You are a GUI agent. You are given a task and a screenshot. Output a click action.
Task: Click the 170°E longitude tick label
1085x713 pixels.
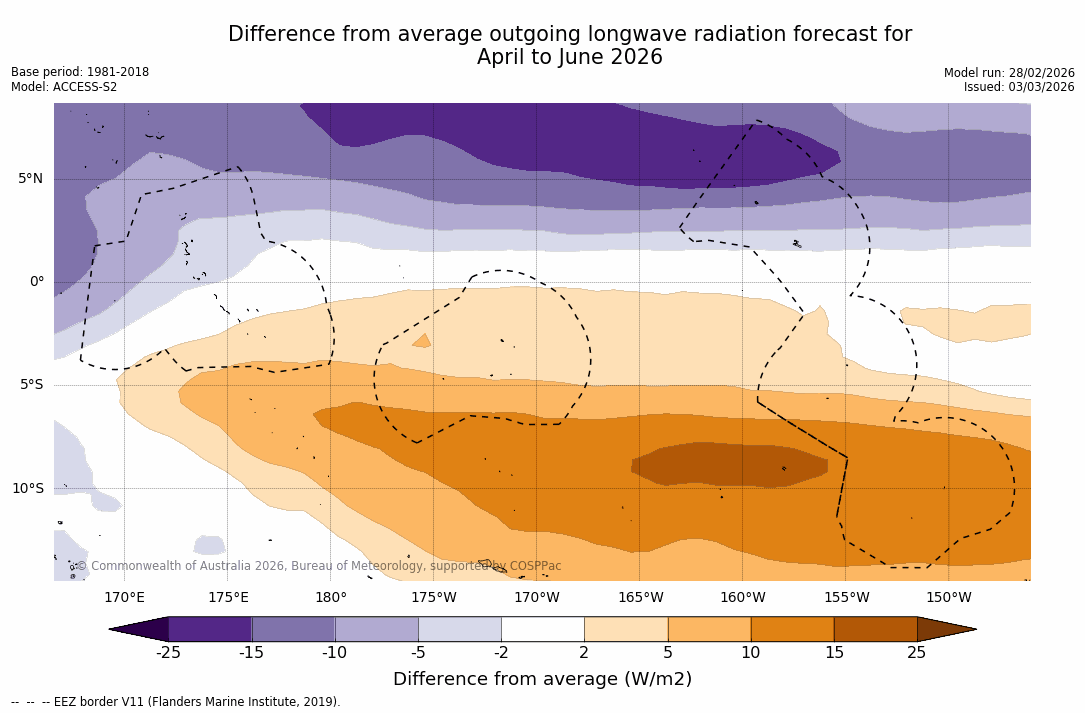point(124,598)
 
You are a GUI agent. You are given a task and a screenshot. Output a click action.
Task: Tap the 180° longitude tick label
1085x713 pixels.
point(331,598)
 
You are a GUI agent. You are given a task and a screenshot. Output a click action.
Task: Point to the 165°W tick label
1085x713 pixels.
point(640,598)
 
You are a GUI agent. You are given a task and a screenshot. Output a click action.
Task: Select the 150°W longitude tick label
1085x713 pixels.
point(948,598)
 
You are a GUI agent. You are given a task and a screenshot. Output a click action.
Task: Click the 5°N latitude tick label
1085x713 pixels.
point(30,179)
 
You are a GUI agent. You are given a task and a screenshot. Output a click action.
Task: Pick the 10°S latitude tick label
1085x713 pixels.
point(27,489)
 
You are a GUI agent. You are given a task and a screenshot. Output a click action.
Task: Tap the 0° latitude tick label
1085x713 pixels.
point(36,282)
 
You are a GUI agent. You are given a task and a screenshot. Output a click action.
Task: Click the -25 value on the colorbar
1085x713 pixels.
point(168,653)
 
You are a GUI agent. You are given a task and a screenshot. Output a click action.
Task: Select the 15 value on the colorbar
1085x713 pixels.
point(833,653)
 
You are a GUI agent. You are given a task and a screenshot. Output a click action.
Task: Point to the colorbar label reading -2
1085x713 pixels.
point(501,653)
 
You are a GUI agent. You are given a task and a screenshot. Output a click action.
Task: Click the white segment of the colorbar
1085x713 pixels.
point(542,629)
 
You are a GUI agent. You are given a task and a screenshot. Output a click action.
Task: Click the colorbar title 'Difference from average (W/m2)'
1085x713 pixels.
point(542,679)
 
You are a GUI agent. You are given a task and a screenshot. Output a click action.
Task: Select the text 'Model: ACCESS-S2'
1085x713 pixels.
point(64,87)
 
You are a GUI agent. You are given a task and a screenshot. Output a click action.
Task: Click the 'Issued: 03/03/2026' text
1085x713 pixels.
point(1019,87)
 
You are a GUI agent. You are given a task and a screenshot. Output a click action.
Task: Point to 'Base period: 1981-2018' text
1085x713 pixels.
point(80,72)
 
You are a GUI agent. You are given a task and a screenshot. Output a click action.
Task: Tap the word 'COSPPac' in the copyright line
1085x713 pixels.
point(535,566)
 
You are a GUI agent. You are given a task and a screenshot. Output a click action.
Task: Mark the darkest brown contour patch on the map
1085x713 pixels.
point(730,465)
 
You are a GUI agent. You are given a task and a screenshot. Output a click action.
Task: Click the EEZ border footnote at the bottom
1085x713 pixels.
point(176,702)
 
